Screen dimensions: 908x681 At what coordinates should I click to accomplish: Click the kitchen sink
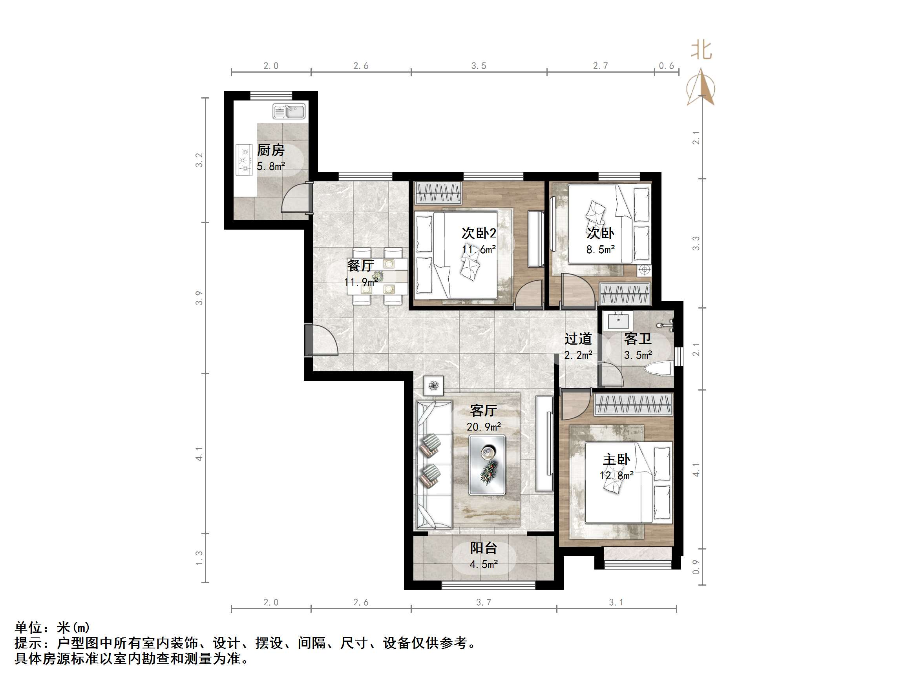289,111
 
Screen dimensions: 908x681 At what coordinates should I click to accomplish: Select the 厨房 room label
271,150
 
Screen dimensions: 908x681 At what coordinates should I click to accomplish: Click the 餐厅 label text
360,266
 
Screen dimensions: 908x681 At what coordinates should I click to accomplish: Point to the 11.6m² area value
479,250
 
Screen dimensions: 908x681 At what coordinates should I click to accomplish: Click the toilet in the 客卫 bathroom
659,368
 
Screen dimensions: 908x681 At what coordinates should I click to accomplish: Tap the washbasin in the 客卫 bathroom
620,320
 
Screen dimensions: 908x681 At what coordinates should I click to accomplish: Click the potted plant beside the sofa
434,385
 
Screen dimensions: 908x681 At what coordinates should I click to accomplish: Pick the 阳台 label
484,548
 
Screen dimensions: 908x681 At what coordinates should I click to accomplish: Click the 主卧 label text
616,459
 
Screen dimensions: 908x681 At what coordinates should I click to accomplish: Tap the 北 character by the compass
702,51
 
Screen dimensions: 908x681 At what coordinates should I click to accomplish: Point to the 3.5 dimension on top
479,66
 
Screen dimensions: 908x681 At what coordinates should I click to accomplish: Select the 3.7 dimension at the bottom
484,602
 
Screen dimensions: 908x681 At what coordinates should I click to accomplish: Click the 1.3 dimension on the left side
199,558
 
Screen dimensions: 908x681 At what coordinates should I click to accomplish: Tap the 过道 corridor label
578,339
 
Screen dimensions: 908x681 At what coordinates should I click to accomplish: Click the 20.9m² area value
484,427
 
